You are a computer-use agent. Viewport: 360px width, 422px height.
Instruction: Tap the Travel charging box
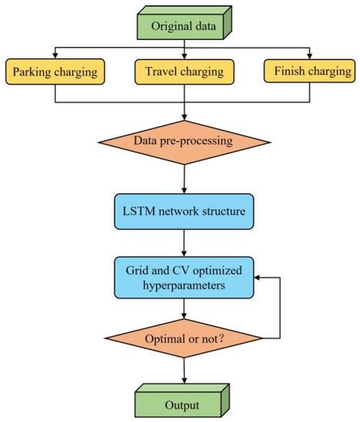click(183, 71)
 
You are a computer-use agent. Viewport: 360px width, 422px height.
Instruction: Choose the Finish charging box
click(310, 71)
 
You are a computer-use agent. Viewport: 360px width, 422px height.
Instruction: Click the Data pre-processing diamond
click(183, 141)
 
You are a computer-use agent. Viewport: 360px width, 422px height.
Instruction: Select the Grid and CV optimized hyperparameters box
click(183, 277)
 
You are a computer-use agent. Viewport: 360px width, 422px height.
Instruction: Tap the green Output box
click(183, 404)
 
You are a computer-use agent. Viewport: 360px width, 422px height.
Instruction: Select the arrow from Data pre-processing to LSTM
click(183, 179)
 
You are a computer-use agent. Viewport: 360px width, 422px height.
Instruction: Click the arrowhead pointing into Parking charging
click(54, 54)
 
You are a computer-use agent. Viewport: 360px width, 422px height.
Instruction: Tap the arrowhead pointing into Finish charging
click(310, 54)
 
